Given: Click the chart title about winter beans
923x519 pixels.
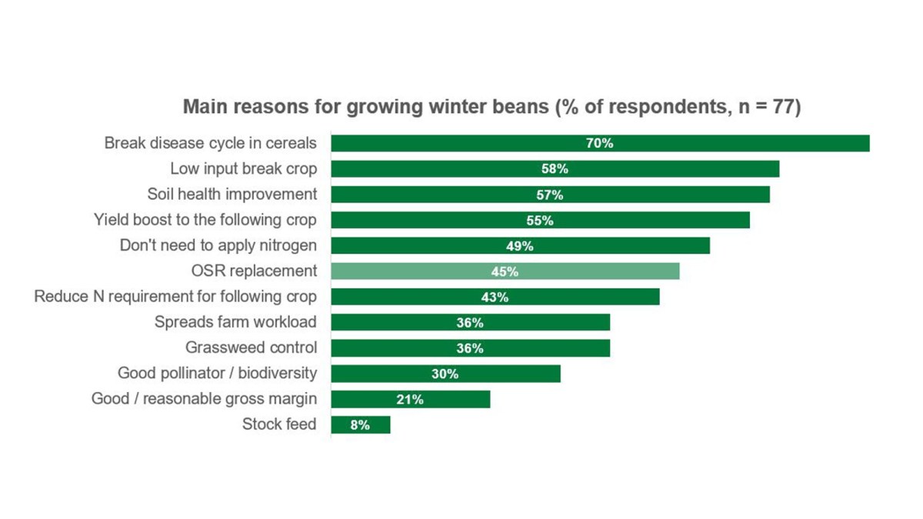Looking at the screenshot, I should click(491, 107).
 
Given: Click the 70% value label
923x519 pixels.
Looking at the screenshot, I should click(599, 144).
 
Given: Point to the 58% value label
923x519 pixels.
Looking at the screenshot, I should click(554, 169).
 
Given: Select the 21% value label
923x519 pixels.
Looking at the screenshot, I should click(410, 399).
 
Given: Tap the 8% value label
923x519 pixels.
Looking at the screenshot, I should click(360, 424).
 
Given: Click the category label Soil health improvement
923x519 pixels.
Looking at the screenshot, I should click(232, 195).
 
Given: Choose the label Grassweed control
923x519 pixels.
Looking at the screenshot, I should click(251, 348).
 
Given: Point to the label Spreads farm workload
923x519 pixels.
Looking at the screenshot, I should click(235, 322).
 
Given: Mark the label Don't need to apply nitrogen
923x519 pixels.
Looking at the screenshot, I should click(218, 245).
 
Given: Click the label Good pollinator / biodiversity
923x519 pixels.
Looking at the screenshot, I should click(217, 373).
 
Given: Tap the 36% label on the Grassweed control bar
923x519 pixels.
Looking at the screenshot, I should click(469, 348).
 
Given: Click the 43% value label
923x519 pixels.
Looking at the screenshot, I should click(495, 297).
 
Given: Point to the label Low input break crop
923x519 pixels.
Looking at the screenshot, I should click(243, 169).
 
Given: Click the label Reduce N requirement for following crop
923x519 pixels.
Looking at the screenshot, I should click(175, 297).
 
